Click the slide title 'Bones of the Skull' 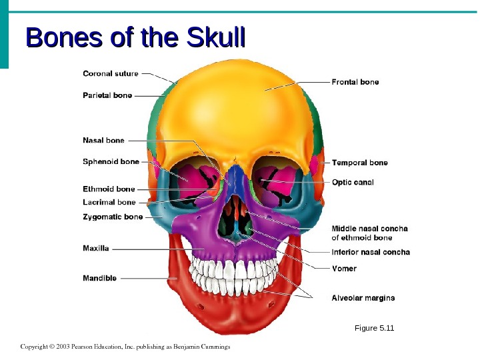pyautogui.click(x=135, y=39)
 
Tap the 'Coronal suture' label pyautogui.click(x=111, y=73)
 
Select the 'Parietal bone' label pyautogui.click(x=107, y=95)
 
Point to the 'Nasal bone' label pyautogui.click(x=103, y=141)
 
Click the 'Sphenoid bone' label pyautogui.click(x=111, y=161)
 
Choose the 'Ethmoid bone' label pyautogui.click(x=109, y=189)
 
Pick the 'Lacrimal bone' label pyautogui.click(x=109, y=202)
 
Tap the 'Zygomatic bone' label pyautogui.click(x=112, y=217)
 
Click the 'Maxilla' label pyautogui.click(x=95, y=248)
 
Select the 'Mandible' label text pyautogui.click(x=99, y=278)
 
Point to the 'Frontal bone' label pyautogui.click(x=355, y=82)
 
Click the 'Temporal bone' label pyautogui.click(x=359, y=163)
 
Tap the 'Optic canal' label pyautogui.click(x=353, y=182)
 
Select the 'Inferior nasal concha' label pyautogui.click(x=371, y=252)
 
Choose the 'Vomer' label pyautogui.click(x=344, y=269)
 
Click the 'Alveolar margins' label pyautogui.click(x=363, y=297)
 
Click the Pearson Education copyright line pyautogui.click(x=125, y=347)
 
